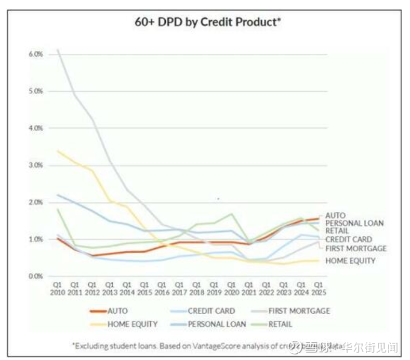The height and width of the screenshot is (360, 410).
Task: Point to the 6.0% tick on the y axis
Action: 35,54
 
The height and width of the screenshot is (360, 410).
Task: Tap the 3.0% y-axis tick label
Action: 35,165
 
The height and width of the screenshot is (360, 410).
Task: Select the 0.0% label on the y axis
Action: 35,276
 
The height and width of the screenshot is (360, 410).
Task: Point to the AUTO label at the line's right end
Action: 335,215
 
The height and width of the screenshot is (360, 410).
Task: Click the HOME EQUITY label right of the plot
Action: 350,261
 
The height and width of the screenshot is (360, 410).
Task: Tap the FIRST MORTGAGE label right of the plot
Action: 356,248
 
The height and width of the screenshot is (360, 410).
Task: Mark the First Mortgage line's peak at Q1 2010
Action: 57,50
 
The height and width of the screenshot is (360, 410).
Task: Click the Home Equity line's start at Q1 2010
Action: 57,151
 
